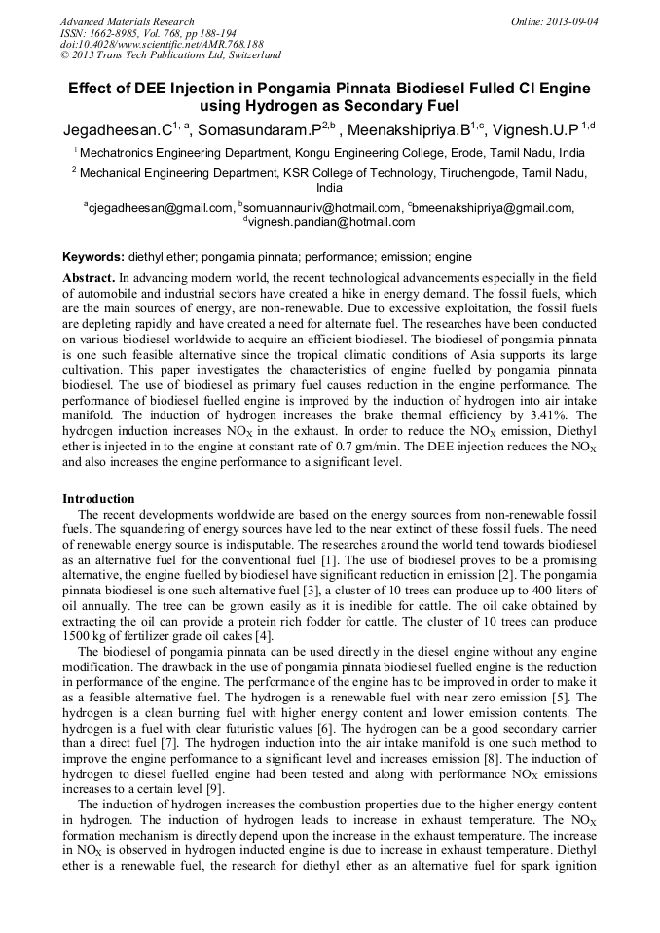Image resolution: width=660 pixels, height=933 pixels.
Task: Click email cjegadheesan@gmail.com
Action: (161, 207)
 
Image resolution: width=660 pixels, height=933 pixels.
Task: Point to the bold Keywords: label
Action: (93, 257)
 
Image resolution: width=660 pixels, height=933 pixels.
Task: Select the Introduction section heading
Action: (98, 498)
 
